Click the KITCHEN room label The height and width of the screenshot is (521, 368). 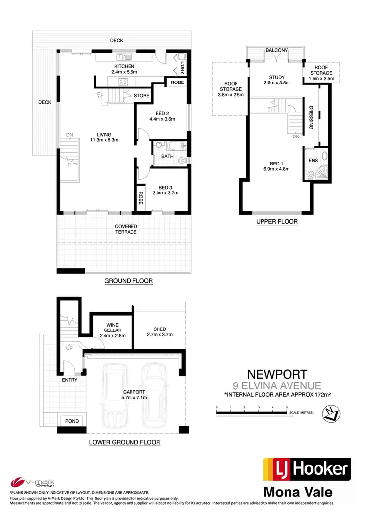[124, 66]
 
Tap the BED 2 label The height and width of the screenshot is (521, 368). [162, 113]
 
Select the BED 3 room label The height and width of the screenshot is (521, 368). [165, 187]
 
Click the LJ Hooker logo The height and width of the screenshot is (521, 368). [307, 469]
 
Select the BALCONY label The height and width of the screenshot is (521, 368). [276, 50]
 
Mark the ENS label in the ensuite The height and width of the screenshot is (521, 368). [313, 160]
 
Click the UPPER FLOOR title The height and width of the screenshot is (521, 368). [277, 222]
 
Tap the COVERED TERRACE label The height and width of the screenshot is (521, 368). [126, 229]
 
